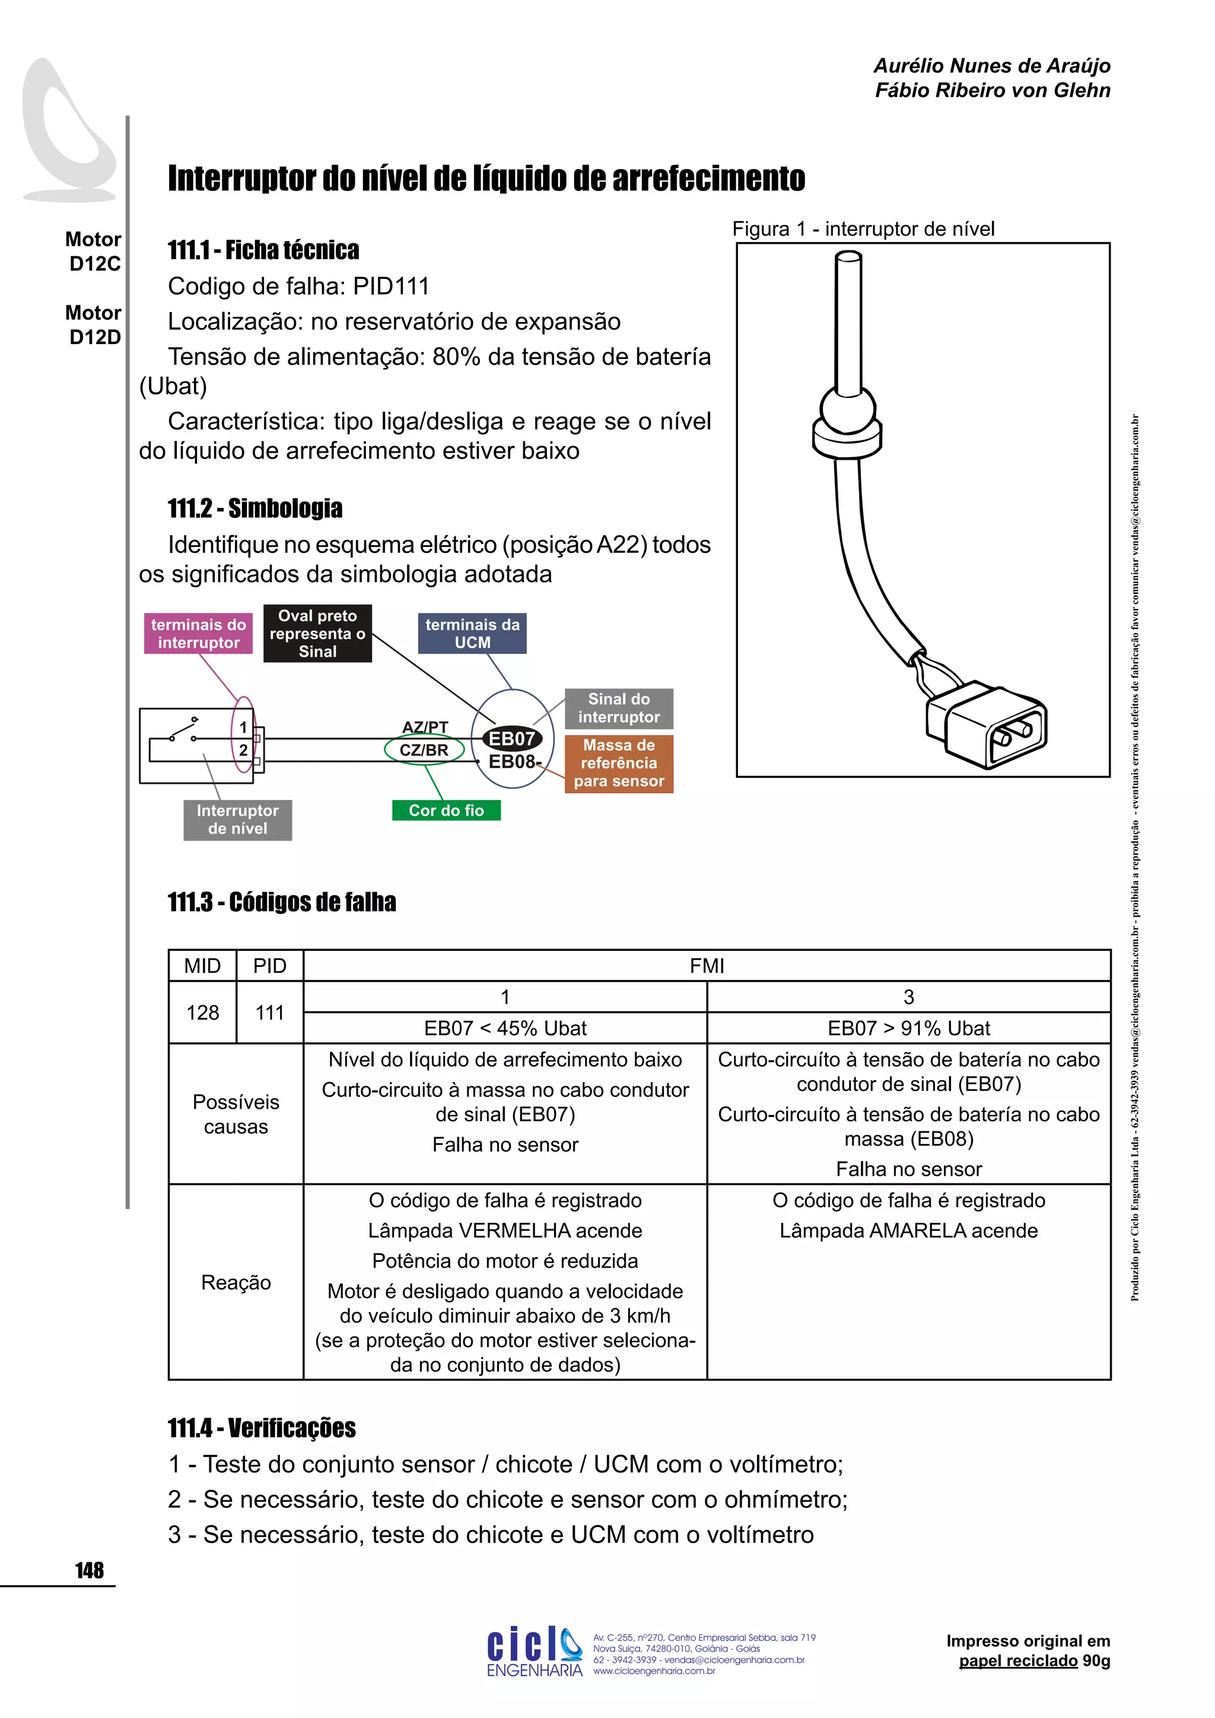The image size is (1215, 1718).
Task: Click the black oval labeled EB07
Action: (x=512, y=739)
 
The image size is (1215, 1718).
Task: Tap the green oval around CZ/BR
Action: (x=424, y=750)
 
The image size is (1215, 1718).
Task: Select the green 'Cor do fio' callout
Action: (x=446, y=810)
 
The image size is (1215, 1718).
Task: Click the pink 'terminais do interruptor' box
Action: (x=198, y=634)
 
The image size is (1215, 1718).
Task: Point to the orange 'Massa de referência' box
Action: (x=619, y=763)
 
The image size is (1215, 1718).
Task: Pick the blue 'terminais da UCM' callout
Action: (x=472, y=634)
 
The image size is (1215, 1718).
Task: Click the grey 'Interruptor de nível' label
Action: (x=237, y=819)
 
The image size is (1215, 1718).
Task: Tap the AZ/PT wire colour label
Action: (x=425, y=727)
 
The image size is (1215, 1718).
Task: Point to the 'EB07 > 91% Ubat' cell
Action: (x=908, y=1028)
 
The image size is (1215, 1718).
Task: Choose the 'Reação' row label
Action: (x=236, y=1282)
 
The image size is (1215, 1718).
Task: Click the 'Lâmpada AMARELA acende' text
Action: (x=908, y=1230)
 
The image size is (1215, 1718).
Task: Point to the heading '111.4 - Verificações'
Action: (x=262, y=1428)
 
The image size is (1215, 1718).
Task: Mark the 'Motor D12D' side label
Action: (x=94, y=324)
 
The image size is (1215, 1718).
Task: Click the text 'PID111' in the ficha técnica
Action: (x=392, y=287)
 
